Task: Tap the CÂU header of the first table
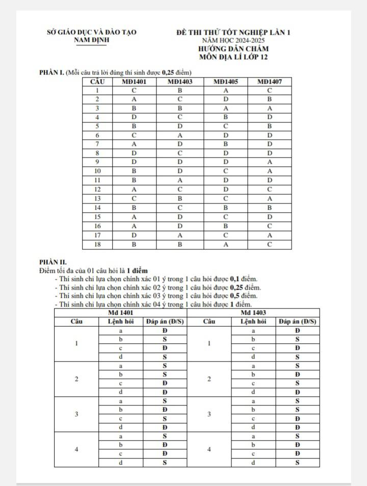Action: [97, 81]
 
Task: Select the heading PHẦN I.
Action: [51, 73]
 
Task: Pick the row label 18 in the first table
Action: [97, 244]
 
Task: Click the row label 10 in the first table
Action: [97, 171]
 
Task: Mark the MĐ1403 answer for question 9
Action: [180, 162]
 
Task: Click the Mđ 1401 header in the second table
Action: [121, 312]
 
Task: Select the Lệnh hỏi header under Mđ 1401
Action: [121, 322]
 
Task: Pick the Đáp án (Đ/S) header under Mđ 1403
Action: [298, 322]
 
